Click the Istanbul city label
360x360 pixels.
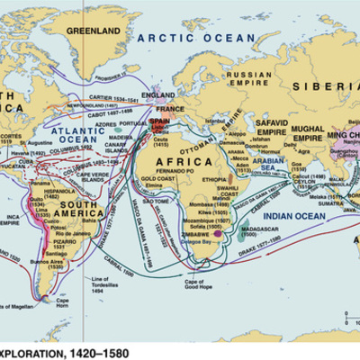click(x=211, y=118)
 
